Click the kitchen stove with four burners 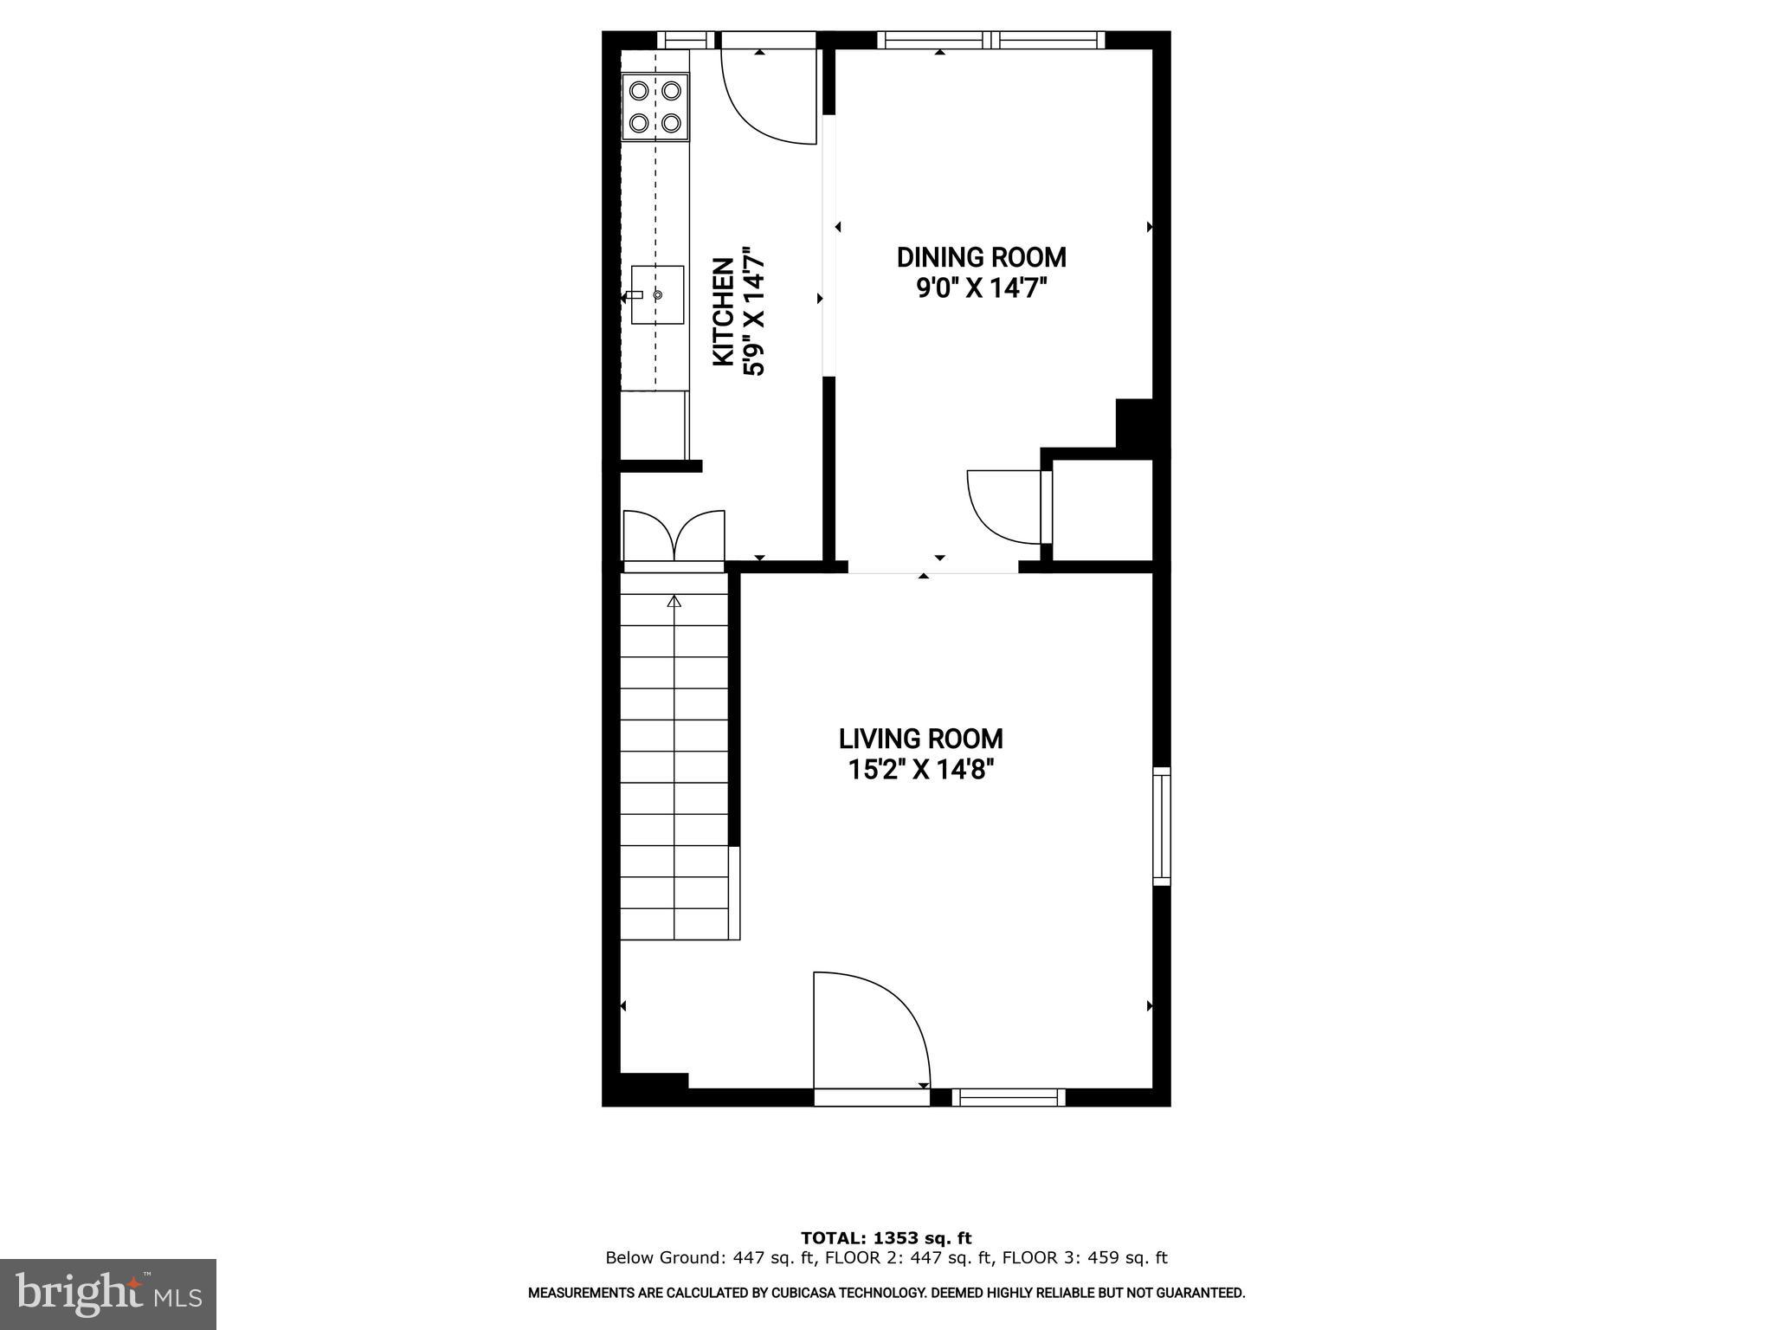point(655,107)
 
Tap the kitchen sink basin point(657,295)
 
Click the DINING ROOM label point(981,258)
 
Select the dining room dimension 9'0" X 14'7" point(982,287)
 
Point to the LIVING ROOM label point(920,739)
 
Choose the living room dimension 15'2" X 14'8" point(920,769)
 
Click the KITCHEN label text point(724,312)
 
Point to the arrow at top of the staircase point(674,601)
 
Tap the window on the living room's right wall point(1162,826)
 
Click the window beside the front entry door point(1009,1097)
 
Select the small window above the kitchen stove point(686,40)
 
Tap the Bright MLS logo point(108,1294)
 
